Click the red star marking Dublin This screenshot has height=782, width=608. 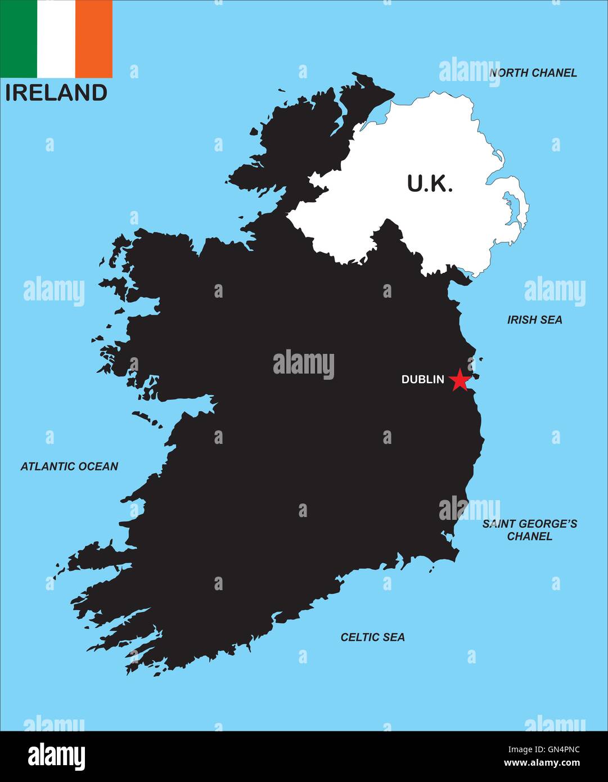460,380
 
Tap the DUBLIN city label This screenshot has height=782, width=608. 422,380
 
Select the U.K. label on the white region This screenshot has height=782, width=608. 430,183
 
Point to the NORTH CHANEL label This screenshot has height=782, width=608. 533,73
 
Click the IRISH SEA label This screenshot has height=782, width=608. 534,320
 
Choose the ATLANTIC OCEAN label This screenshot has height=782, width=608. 69,466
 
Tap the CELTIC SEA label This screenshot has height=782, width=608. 372,637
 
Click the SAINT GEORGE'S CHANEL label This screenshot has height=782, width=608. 529,530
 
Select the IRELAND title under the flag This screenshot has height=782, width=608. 56,93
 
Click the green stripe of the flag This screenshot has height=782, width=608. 19,39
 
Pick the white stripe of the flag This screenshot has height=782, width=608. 56,39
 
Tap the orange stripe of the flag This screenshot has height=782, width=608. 94,39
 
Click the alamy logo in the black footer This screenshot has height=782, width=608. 56,756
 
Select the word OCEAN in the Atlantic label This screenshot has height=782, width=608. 98,466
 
